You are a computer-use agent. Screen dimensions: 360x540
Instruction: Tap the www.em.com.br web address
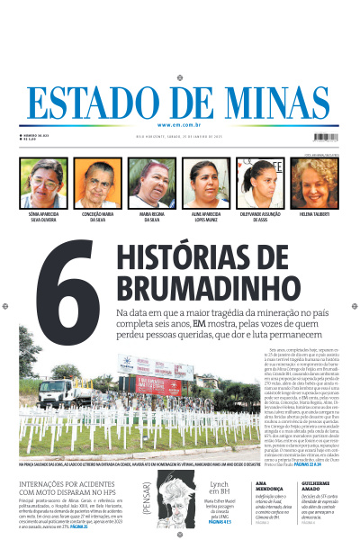pos(180,124)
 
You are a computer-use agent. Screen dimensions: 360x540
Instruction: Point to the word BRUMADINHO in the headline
pos(188,288)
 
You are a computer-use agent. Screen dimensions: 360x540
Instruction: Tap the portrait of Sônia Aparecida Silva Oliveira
pos(44,184)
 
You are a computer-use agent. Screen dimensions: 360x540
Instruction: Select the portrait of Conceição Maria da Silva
pos(98,184)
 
